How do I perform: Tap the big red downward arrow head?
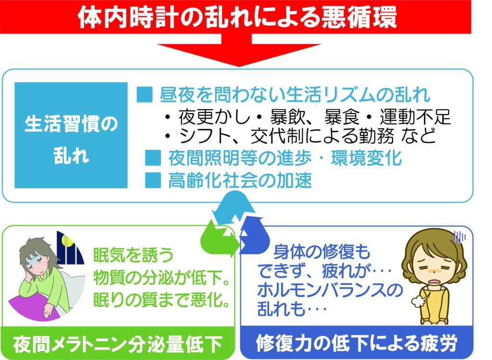click(x=238, y=53)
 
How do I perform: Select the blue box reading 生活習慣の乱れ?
click(x=71, y=135)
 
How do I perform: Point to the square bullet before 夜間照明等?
click(x=153, y=158)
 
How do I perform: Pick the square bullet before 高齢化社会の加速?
click(x=153, y=180)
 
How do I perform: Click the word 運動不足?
click(x=415, y=117)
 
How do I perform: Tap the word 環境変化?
click(x=366, y=158)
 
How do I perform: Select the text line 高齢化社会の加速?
click(x=240, y=180)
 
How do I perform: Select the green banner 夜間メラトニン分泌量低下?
click(x=118, y=343)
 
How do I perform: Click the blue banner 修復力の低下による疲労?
click(x=357, y=343)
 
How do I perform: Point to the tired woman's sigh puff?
click(x=418, y=301)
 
